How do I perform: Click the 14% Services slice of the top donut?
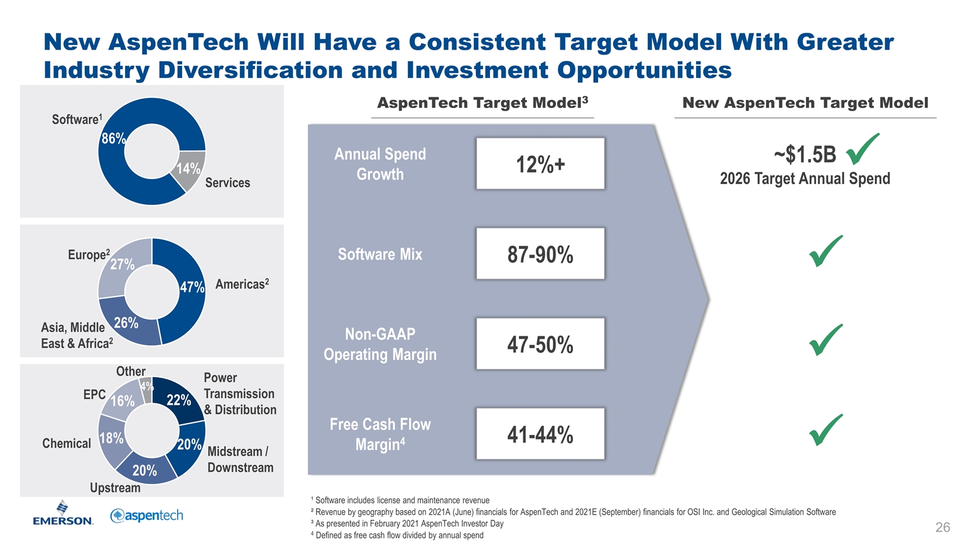tap(190, 169)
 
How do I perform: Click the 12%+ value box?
tap(540, 164)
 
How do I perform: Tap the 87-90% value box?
tap(540, 254)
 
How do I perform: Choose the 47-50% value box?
tap(540, 344)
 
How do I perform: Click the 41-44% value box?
tap(540, 434)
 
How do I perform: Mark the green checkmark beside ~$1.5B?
tap(862, 148)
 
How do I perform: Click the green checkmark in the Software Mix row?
tap(826, 251)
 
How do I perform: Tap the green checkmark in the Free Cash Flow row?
tap(826, 430)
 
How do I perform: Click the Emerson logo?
tap(63, 513)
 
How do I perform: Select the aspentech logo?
tap(146, 516)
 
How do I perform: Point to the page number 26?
tap(942, 527)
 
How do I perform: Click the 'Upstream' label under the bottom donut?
tap(115, 488)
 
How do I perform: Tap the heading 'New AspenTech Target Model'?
tap(805, 103)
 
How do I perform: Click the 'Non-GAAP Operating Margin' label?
tap(380, 344)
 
